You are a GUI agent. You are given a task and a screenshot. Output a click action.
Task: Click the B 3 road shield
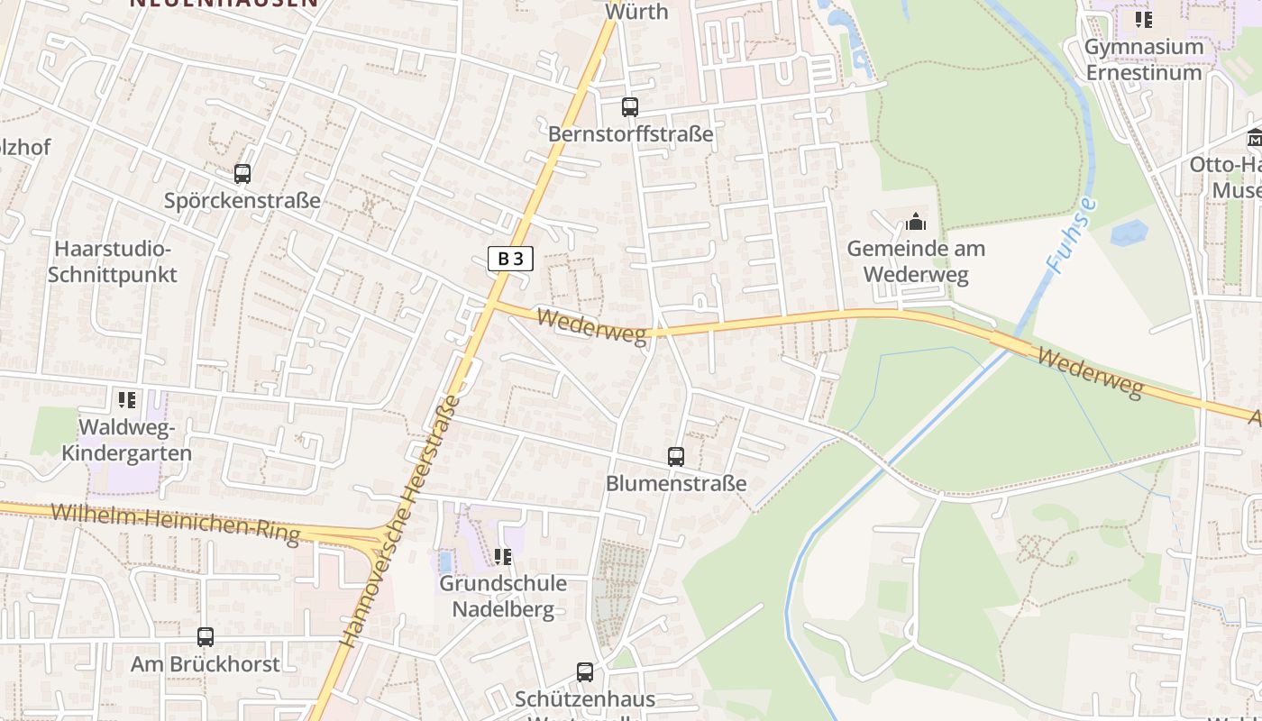click(x=510, y=259)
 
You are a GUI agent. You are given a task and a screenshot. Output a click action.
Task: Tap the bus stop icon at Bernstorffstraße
click(x=630, y=107)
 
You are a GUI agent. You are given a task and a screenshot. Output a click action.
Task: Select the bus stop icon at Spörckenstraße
click(x=242, y=174)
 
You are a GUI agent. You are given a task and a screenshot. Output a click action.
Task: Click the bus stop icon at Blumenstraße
click(x=676, y=457)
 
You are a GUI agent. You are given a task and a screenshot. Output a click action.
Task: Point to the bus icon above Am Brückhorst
click(x=206, y=637)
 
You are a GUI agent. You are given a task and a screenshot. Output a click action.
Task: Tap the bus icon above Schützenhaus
click(x=585, y=671)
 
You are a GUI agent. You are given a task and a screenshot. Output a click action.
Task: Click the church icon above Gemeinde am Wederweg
click(x=916, y=222)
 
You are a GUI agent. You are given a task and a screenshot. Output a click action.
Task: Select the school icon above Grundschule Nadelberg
click(x=503, y=557)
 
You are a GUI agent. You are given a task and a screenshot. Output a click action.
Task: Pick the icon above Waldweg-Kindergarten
click(x=126, y=399)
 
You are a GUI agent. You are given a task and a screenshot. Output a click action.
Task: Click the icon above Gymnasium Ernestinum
click(x=1144, y=20)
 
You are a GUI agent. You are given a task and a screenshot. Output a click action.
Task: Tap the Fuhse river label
click(x=1073, y=234)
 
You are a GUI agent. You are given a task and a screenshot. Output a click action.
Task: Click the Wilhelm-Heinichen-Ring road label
click(x=175, y=524)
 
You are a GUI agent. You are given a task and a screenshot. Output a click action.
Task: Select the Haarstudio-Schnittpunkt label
click(x=113, y=261)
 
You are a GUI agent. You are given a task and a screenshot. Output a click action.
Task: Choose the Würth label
click(x=636, y=12)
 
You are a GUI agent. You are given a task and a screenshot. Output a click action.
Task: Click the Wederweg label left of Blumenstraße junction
click(x=591, y=325)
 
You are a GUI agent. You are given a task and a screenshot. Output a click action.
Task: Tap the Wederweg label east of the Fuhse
click(x=1089, y=371)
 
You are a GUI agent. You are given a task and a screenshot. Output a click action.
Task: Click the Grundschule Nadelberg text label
click(x=503, y=596)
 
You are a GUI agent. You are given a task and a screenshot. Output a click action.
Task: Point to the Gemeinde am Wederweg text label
click(x=916, y=261)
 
